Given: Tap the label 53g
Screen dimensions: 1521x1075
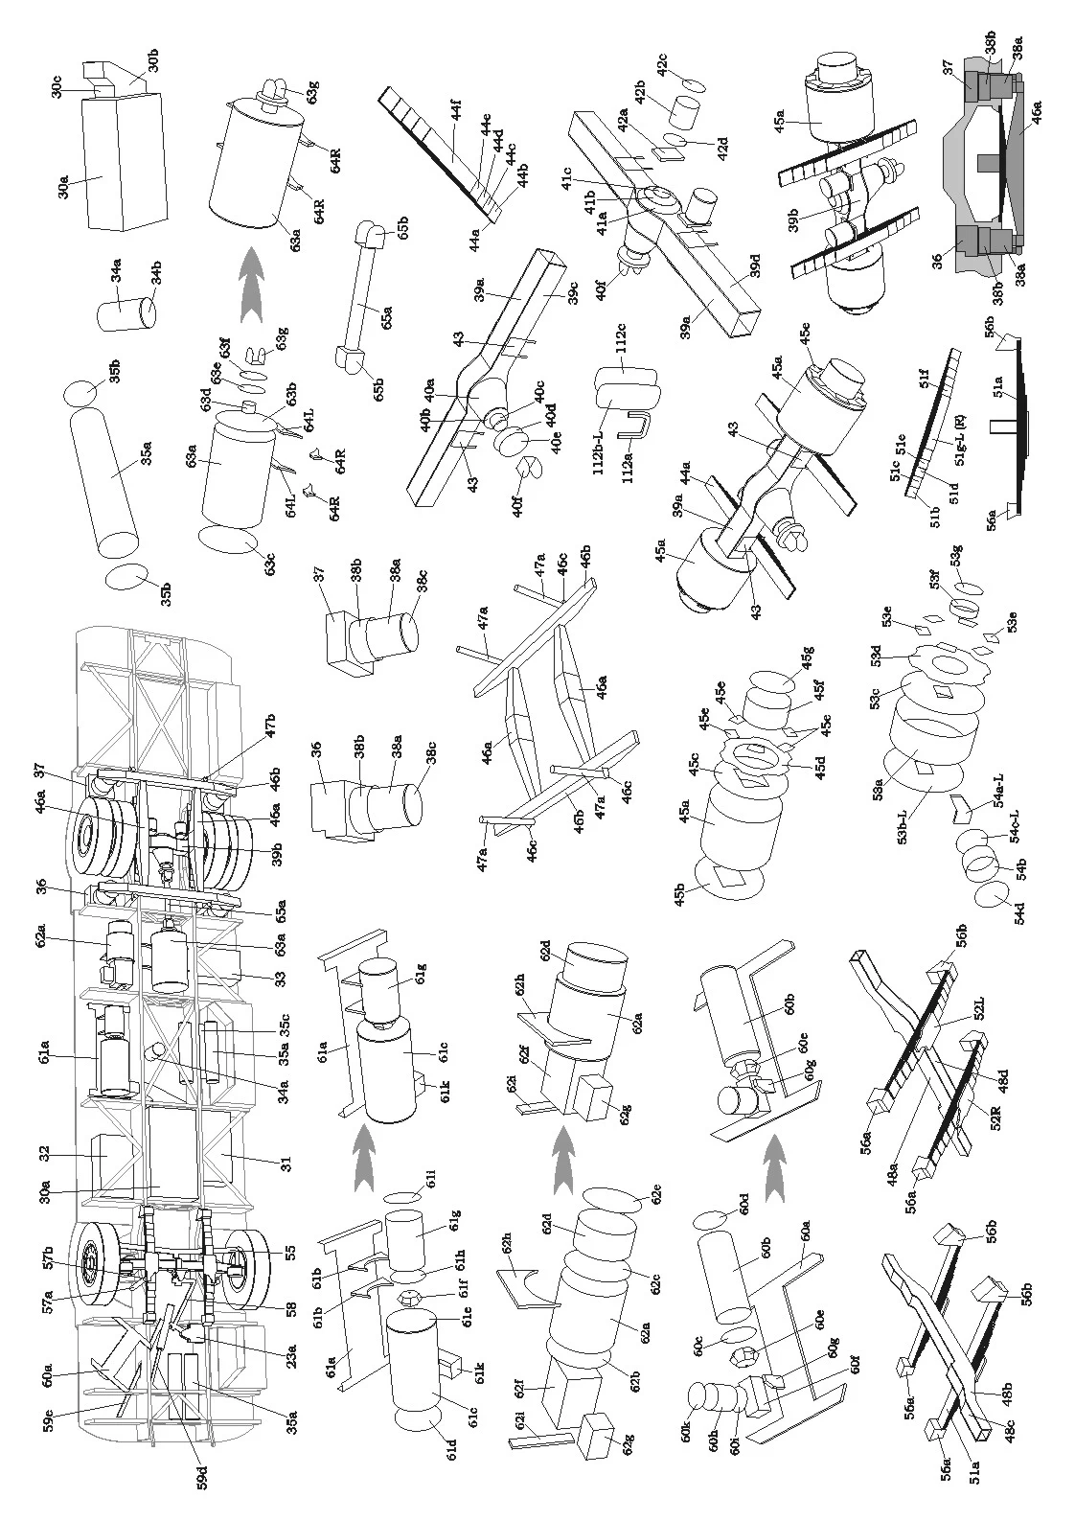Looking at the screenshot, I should point(955,556).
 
